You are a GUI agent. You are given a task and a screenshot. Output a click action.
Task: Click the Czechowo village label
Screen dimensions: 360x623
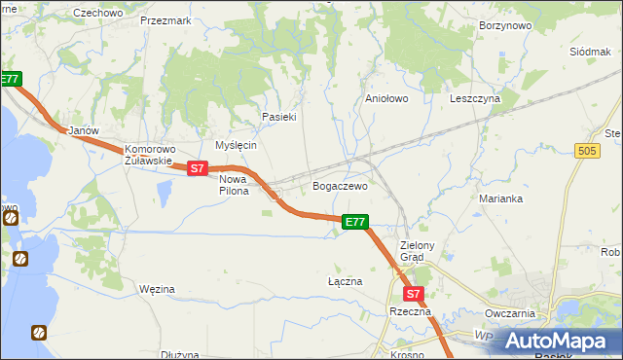98,13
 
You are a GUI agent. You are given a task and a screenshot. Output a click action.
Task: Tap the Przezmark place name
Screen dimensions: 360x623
165,19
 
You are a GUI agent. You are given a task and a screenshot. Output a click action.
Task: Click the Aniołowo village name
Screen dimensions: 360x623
385,98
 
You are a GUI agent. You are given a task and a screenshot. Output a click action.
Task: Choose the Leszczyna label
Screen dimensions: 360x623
475,98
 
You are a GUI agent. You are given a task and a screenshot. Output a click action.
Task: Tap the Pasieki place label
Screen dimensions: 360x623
278,117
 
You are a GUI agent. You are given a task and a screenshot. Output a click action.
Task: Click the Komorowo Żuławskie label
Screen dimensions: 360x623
148,156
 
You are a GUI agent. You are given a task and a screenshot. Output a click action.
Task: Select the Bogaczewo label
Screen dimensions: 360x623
340,186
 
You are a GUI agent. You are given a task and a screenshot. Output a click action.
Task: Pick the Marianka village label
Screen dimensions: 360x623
501,198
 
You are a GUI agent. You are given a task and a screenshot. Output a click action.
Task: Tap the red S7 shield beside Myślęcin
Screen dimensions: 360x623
198,168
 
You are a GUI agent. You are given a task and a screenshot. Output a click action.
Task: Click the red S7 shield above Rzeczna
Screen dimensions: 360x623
413,293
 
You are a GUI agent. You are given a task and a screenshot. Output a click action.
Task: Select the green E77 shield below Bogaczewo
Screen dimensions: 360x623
355,223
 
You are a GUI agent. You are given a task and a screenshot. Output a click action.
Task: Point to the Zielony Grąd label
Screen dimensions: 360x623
424,252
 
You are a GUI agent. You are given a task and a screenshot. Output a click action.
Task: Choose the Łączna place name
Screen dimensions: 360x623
345,281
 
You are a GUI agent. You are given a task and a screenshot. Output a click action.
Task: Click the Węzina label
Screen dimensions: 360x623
157,289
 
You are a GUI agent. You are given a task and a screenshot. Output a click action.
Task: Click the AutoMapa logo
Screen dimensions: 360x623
562,340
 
